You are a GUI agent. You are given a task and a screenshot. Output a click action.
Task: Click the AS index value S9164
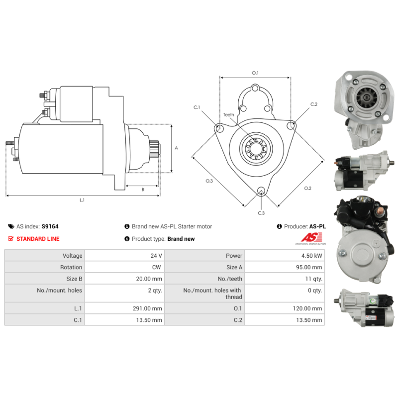50,226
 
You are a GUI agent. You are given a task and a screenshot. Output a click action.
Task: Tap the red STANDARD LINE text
38,239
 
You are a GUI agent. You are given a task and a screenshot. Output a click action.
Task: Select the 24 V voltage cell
156,256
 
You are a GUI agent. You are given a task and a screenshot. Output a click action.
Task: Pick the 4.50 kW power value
312,256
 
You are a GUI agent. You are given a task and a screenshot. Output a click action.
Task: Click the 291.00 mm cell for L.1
147,308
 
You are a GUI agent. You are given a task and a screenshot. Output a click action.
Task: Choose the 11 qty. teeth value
314,279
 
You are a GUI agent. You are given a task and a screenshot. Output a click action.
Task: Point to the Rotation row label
71,267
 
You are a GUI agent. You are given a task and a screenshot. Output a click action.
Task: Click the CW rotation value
156,267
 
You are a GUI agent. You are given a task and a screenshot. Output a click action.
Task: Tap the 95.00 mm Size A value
309,267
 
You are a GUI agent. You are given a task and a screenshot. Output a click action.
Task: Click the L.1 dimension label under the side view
82,200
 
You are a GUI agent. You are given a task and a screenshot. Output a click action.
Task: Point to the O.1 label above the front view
255,73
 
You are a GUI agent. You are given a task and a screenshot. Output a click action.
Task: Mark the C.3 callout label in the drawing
261,213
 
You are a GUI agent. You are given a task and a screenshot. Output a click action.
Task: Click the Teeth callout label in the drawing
228,115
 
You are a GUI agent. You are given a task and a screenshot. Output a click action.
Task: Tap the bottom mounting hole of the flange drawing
261,191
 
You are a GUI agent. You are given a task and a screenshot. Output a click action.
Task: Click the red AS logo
311,237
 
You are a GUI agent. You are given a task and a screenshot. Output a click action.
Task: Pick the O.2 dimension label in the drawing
307,188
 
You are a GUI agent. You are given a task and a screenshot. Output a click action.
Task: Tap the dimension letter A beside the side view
177,148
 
